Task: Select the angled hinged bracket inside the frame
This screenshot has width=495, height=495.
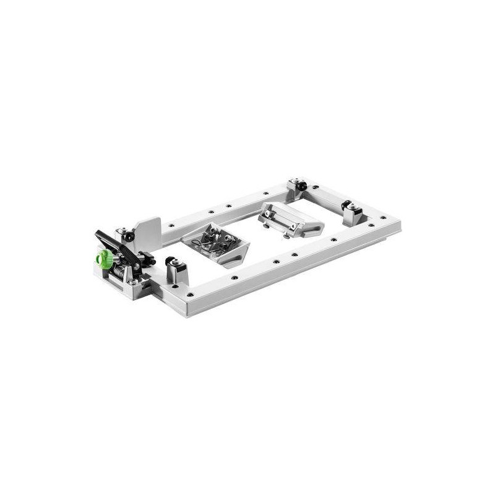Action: tap(290, 219)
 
